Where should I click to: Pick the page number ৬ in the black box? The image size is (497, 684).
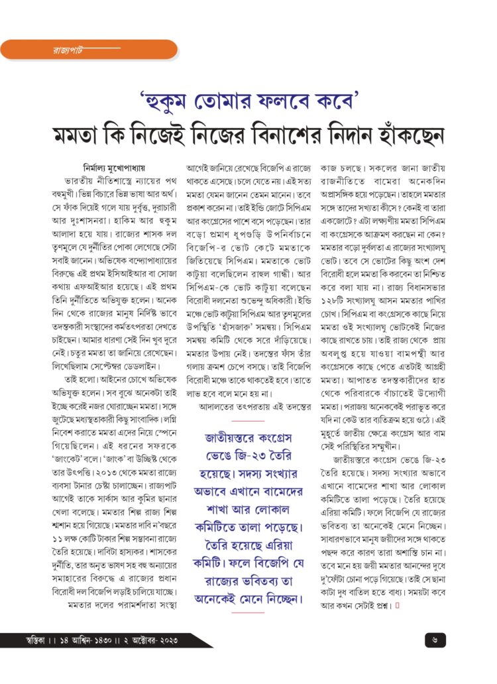(x=434, y=640)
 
